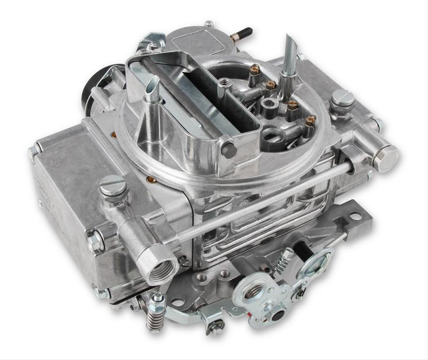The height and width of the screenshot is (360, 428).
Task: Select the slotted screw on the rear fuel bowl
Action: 342,98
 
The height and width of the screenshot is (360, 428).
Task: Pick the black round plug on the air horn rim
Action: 229,149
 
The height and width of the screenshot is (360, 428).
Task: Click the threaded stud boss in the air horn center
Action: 224,84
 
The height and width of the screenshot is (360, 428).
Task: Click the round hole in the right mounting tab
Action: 355,216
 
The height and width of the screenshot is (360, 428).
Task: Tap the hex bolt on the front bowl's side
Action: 95,241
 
